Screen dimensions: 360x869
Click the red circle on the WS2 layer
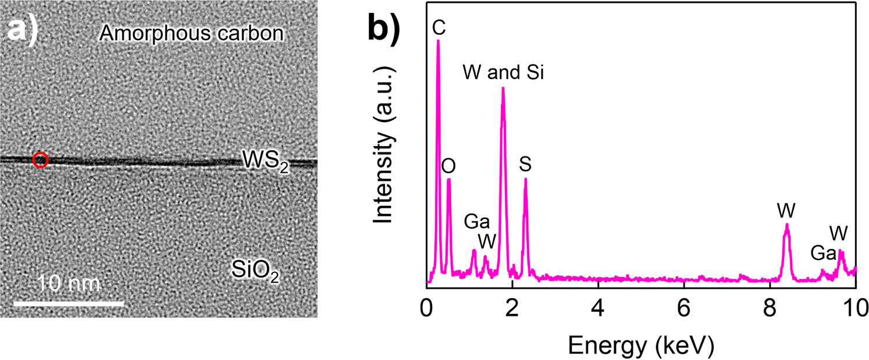tap(40, 159)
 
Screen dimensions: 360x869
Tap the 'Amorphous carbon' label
tap(191, 33)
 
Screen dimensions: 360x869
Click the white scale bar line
tap(69, 303)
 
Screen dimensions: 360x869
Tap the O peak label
tap(448, 166)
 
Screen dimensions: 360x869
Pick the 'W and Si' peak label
tap(503, 73)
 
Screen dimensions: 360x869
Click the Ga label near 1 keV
tap(477, 222)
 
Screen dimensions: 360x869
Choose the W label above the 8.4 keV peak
tap(786, 209)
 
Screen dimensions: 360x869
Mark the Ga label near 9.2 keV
tap(824, 253)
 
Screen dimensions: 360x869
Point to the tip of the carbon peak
tap(438, 41)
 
